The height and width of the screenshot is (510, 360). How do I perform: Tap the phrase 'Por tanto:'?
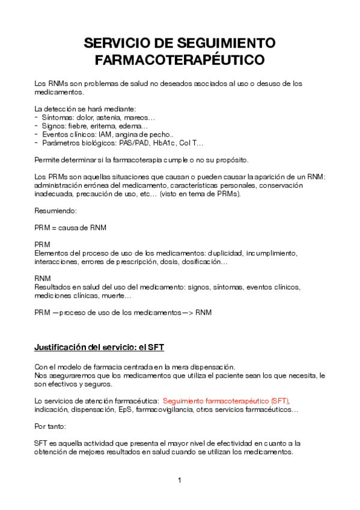[x=51, y=426]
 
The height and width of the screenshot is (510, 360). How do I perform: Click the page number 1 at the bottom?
[x=180, y=480]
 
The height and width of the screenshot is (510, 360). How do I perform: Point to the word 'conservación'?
[x=281, y=186]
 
